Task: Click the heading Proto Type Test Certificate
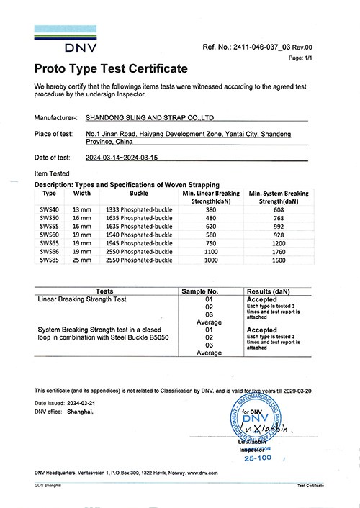[x=111, y=69]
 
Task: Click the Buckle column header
[x=139, y=194]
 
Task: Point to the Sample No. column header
[x=209, y=293]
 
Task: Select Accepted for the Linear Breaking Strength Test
[x=263, y=300]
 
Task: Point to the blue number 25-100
[x=260, y=458]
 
